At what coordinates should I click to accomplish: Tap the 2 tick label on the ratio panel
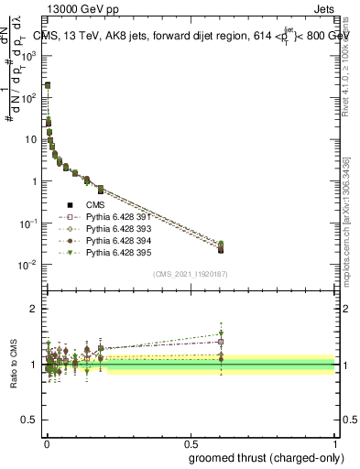click(35, 309)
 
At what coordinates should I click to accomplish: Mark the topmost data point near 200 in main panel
click(48, 85)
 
